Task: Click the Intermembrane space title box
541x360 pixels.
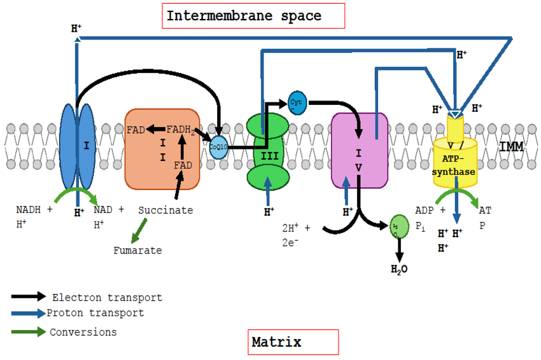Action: point(253,16)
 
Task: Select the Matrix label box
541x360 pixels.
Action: point(293,342)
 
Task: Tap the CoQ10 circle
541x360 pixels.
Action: point(218,146)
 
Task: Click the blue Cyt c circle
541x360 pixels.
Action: point(297,102)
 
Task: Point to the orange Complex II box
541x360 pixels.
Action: point(162,149)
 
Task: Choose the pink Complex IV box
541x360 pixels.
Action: point(360,151)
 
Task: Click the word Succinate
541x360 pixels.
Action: point(165,210)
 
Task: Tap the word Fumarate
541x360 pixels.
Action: point(137,251)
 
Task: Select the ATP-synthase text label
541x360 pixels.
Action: point(454,165)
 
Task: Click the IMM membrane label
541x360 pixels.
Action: point(510,147)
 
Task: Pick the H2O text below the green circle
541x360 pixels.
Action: point(399,269)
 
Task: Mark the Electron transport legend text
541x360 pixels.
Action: point(107,298)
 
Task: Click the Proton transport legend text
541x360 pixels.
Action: point(95,313)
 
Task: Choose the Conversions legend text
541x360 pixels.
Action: point(83,332)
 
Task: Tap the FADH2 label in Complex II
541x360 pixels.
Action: point(181,130)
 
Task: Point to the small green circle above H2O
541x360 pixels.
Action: point(398,226)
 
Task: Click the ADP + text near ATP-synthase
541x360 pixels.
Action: point(430,210)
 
